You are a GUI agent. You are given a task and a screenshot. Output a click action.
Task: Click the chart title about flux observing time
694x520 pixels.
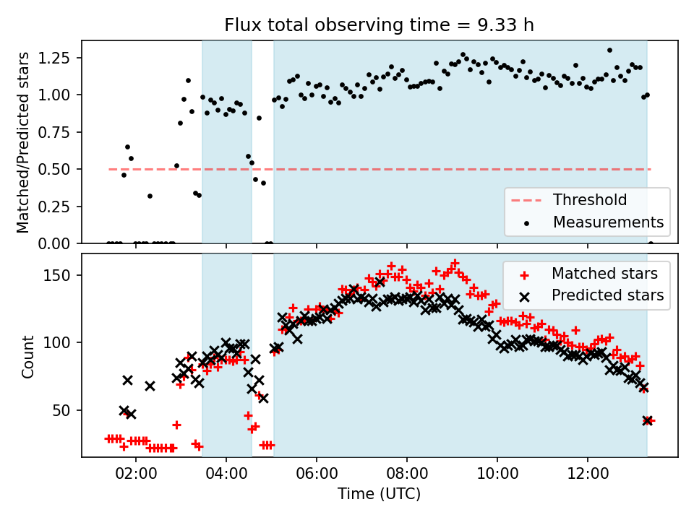(x=380, y=25)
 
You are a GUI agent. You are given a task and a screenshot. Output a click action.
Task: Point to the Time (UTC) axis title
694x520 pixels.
(x=380, y=495)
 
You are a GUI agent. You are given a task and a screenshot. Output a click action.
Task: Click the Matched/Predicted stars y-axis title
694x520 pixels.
(x=23, y=142)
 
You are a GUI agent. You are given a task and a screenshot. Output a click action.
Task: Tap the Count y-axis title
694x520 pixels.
(x=28, y=356)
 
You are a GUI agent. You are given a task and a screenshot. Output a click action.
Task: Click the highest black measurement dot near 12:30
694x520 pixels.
(x=609, y=51)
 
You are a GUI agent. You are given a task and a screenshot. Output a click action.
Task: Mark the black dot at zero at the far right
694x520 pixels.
(x=651, y=243)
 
